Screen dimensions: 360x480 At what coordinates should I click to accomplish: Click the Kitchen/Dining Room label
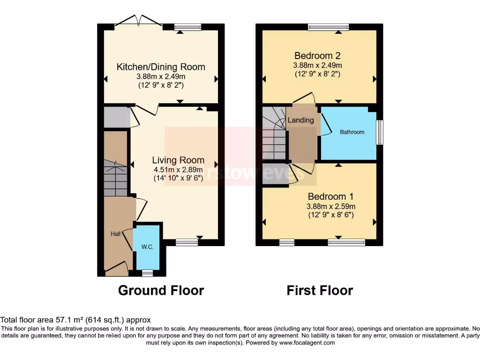(x=161, y=67)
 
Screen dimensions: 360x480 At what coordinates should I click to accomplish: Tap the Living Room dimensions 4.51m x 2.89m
(x=178, y=170)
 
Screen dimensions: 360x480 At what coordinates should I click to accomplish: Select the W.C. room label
(x=148, y=247)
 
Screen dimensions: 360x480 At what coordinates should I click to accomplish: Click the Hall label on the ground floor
(x=115, y=233)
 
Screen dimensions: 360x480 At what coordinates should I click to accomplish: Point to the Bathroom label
(x=352, y=132)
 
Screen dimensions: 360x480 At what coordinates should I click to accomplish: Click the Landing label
(x=300, y=120)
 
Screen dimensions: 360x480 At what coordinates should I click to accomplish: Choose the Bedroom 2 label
(x=317, y=54)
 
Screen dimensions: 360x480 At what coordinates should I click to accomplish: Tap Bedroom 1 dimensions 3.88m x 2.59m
(x=331, y=206)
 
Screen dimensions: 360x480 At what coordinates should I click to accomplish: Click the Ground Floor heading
(x=161, y=290)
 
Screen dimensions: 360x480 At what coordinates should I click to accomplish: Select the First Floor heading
(x=320, y=290)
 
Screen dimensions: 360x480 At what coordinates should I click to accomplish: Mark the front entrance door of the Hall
(x=116, y=268)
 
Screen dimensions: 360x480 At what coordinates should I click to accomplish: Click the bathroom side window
(x=380, y=133)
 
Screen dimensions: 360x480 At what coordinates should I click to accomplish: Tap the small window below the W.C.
(x=148, y=273)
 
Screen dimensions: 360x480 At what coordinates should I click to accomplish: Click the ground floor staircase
(x=115, y=178)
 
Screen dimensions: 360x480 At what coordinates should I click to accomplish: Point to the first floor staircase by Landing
(x=274, y=136)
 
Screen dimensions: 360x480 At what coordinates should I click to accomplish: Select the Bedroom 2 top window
(x=328, y=27)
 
